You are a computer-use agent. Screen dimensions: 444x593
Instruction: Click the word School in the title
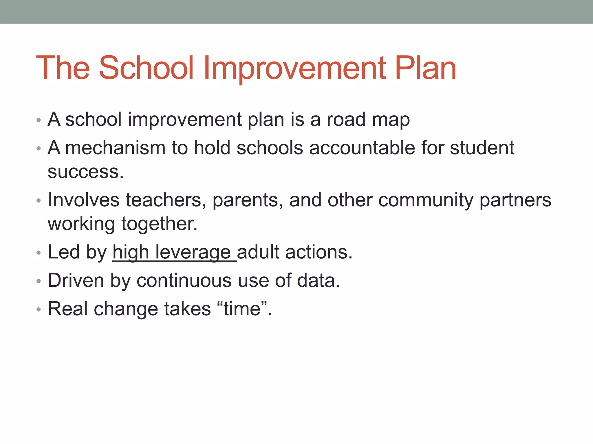click(x=146, y=68)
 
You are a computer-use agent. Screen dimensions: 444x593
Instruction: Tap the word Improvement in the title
click(x=294, y=68)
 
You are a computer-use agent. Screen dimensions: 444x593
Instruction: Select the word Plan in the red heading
click(x=425, y=68)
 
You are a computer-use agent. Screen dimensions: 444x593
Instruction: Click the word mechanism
click(x=115, y=148)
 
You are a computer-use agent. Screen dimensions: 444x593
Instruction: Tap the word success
click(x=85, y=172)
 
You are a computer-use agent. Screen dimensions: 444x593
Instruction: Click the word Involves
click(x=83, y=200)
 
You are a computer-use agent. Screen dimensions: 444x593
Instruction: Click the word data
click(x=318, y=281)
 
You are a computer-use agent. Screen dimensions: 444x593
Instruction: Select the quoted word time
click(x=242, y=309)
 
